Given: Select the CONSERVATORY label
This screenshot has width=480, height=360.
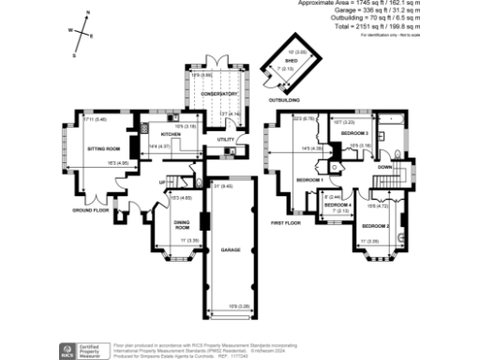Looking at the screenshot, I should pos(216,94).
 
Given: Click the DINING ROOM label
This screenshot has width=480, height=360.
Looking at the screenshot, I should pos(183,225).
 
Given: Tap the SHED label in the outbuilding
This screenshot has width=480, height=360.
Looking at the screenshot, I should pos(291,60).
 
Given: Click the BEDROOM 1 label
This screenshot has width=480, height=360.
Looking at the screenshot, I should pos(309,179).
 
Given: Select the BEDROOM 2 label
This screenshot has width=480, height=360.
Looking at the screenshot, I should pos(376,226).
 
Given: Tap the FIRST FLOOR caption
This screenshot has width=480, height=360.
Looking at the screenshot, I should pos(285,223).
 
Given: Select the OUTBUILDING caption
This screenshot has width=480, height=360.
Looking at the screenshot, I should pos(285,97).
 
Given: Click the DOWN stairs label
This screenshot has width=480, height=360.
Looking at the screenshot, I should pos(384,167).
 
